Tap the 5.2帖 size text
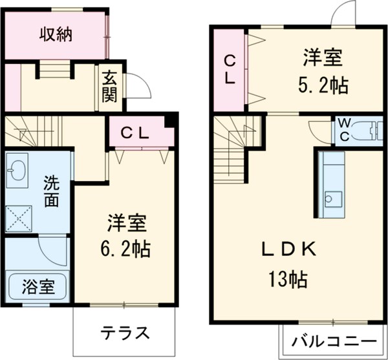click(323, 85)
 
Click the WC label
click(343, 129)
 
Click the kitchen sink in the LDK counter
click(333, 197)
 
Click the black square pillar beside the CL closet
click(171, 121)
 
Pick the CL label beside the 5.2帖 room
click(230, 68)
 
